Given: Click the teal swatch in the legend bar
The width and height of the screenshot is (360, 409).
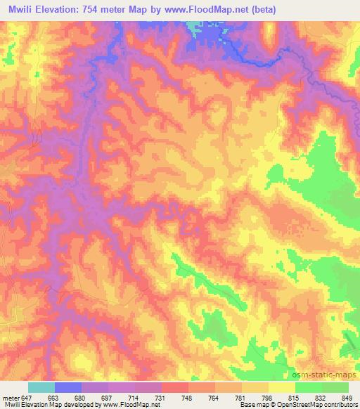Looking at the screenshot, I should coord(41,387).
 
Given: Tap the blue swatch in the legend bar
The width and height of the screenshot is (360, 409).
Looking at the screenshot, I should coord(68,387).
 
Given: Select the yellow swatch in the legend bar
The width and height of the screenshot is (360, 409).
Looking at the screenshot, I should coord(282,387).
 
